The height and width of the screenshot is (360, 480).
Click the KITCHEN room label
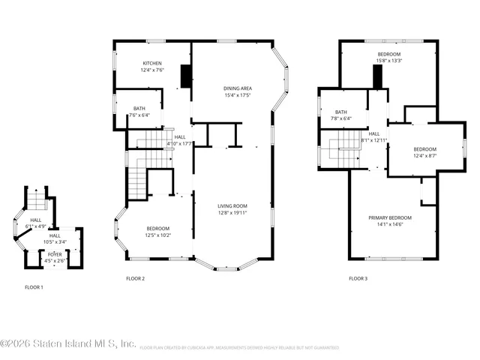[x=151, y=63]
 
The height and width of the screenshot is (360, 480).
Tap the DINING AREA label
[x=237, y=88]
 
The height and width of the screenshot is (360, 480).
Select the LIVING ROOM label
[x=232, y=205]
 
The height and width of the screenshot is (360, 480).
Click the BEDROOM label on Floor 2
[x=157, y=229]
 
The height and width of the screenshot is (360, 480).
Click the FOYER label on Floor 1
[x=55, y=254]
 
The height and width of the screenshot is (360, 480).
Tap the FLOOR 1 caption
[x=34, y=286]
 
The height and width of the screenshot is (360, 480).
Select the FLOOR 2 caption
[x=135, y=278]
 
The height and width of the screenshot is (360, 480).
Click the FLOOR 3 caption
[x=358, y=278]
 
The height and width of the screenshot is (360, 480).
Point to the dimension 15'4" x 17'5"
[x=237, y=95]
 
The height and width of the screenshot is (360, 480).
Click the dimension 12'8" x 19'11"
[x=232, y=212]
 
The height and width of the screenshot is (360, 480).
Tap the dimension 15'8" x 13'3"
[x=388, y=61]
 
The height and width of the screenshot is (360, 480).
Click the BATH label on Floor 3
[x=341, y=112]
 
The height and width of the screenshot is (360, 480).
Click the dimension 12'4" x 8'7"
[x=424, y=155]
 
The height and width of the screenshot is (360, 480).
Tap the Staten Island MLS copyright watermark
[x=67, y=344]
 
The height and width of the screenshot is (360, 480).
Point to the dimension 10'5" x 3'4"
[x=55, y=241]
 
